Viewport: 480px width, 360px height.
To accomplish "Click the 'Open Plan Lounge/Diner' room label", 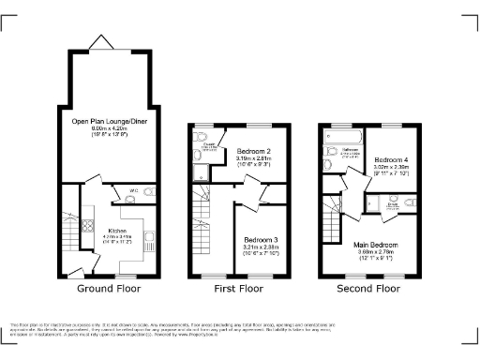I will (98, 121).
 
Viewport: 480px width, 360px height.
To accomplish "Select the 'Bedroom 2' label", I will (253, 150).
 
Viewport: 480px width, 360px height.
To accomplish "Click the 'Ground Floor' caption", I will (108, 288).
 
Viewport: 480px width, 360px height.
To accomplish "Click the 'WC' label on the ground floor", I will (133, 189).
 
